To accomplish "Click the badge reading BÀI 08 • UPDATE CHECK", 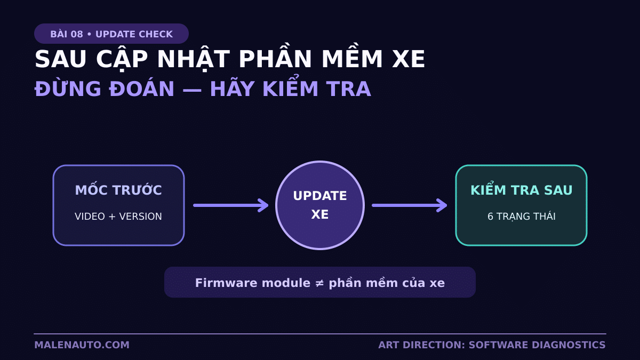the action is click(x=111, y=34).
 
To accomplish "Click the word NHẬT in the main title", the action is click(x=194, y=59).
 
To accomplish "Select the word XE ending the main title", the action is click(x=409, y=59).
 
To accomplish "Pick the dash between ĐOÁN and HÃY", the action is click(x=192, y=90).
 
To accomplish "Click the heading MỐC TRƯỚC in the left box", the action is click(x=118, y=190).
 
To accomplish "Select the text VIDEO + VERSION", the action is click(x=118, y=217).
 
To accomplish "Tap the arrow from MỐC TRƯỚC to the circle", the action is click(x=231, y=205).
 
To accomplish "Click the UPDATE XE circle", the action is click(x=320, y=205).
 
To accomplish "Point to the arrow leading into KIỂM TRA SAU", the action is click(x=410, y=205).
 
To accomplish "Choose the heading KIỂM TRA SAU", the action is click(x=522, y=190).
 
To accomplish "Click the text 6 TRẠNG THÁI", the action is click(x=522, y=217).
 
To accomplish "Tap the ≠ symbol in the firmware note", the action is click(x=319, y=283).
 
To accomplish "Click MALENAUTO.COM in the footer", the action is click(x=82, y=345).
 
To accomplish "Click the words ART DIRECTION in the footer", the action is click(x=422, y=345).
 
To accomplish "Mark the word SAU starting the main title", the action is click(x=60, y=59).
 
